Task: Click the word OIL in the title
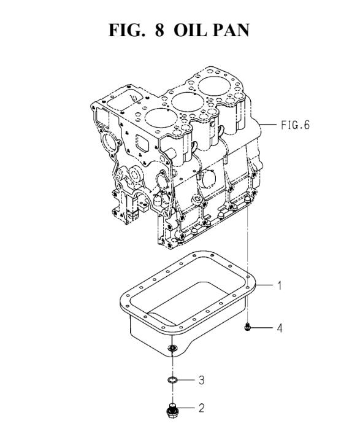click(190, 30)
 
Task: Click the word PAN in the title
click(231, 30)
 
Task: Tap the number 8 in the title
click(159, 30)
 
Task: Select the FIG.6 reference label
click(295, 125)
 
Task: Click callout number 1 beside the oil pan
click(280, 285)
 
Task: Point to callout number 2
click(201, 408)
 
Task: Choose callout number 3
click(201, 380)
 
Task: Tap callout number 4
click(280, 328)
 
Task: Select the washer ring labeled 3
click(172, 379)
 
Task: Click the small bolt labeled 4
click(247, 327)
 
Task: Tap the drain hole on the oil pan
click(172, 347)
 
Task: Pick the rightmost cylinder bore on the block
click(214, 86)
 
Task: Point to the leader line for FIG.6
click(268, 125)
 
